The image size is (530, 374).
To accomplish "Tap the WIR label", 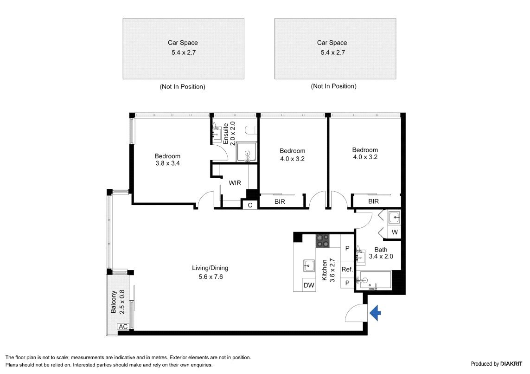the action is (235, 183).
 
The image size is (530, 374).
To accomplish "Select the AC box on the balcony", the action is (123, 326).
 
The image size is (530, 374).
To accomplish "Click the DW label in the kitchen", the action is (309, 285).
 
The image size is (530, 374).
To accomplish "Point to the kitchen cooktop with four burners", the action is (322, 241).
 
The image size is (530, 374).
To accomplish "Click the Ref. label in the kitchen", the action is (347, 269).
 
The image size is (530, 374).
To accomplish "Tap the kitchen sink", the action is (309, 265).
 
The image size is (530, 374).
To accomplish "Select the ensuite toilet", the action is (251, 130).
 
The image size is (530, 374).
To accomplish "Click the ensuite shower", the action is (246, 152).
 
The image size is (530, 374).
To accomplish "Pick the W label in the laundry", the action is (395, 232).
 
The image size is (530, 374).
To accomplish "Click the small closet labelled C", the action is (250, 205).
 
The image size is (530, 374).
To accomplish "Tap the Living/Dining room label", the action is (210, 268).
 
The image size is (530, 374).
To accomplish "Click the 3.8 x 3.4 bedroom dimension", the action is (168, 163).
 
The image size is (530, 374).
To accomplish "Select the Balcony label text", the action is (114, 302).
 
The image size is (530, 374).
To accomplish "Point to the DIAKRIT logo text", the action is (511, 364).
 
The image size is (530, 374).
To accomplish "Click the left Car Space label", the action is (183, 43).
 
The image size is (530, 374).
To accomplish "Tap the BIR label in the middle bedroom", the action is (280, 201).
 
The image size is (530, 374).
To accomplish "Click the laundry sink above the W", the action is (394, 218).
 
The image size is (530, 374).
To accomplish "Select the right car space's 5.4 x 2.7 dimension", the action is (333, 52).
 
